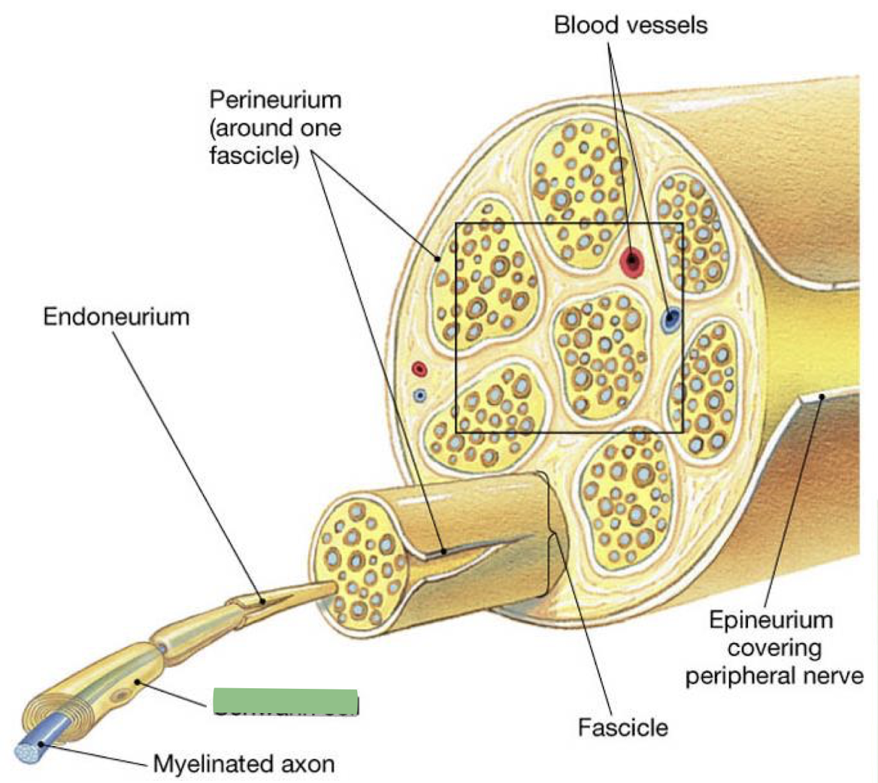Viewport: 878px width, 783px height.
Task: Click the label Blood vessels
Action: pyautogui.click(x=630, y=25)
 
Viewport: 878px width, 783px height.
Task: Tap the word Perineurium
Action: pyautogui.click(x=275, y=99)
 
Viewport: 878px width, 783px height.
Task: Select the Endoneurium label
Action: pyautogui.click(x=116, y=316)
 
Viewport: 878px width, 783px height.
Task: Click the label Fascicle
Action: pyautogui.click(x=622, y=727)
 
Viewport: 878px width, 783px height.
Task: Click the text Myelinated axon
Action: pyautogui.click(x=244, y=764)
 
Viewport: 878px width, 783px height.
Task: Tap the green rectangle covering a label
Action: pyautogui.click(x=285, y=701)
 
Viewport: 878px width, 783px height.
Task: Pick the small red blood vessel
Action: pyautogui.click(x=419, y=369)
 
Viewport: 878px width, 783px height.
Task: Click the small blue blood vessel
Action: pyautogui.click(x=420, y=395)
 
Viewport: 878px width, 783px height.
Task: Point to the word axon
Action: pyautogui.click(x=306, y=764)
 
